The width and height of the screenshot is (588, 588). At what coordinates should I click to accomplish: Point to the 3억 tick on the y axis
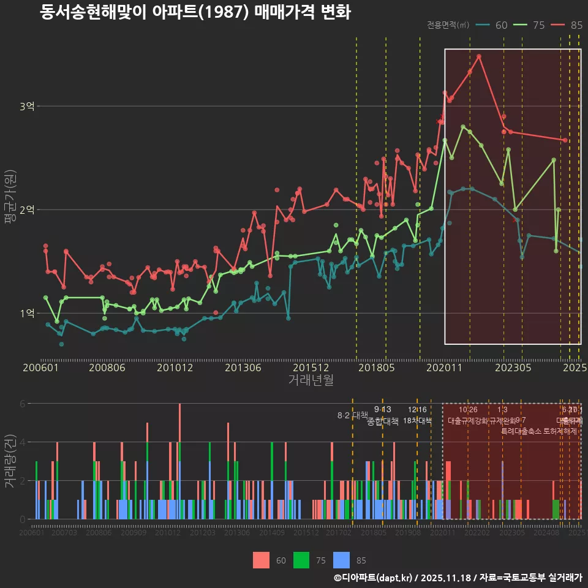point(26,107)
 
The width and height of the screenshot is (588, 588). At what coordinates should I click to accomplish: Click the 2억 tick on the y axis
point(26,210)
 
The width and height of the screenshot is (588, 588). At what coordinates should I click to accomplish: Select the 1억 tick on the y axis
point(26,314)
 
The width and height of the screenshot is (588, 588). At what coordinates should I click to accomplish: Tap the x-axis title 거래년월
point(311,380)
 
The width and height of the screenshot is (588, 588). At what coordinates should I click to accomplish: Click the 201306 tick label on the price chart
point(243,368)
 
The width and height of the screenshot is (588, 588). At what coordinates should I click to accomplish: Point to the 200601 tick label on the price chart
point(40,368)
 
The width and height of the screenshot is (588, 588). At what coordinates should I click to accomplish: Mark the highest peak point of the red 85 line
point(479,56)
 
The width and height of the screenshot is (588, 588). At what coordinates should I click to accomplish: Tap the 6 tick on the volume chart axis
point(23,404)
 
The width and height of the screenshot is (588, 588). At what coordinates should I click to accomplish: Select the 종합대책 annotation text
point(383,421)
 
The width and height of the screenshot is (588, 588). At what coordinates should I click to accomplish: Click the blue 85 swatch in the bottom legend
point(341,560)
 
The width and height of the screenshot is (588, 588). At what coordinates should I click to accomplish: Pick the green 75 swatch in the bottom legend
point(301,560)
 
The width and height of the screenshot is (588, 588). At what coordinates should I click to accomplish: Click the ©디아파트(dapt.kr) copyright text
point(374,578)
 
